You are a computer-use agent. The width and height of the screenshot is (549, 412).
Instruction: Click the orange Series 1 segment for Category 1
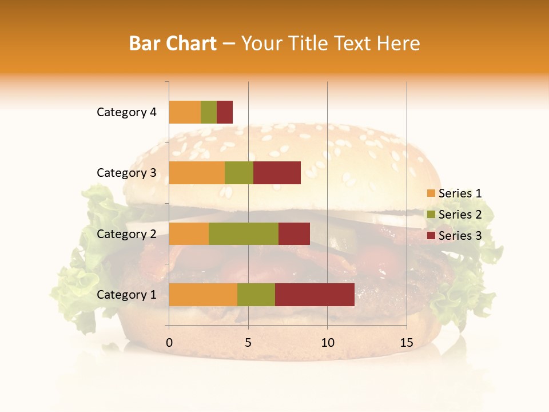coord(203,295)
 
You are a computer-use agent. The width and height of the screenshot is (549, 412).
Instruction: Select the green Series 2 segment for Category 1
coord(256,295)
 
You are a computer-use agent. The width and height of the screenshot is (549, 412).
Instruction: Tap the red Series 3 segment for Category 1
coord(315,295)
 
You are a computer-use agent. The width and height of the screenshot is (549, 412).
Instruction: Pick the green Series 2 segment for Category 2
coord(244,233)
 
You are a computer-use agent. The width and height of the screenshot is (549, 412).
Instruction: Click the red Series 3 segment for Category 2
coord(294,233)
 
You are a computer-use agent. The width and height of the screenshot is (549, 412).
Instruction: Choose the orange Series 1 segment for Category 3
coord(197,173)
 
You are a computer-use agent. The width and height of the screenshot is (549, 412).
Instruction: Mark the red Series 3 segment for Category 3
coord(277,173)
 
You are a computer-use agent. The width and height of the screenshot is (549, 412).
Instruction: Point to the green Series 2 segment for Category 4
coord(209,112)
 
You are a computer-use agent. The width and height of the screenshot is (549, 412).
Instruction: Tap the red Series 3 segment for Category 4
coord(225,112)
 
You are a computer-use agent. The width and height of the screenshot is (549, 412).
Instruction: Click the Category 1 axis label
coord(126,295)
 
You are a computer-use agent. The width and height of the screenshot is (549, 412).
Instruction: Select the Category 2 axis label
coord(126,233)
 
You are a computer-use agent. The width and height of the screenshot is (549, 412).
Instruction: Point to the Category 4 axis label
coord(126,112)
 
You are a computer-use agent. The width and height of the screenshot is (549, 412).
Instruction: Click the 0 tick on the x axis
coord(169,343)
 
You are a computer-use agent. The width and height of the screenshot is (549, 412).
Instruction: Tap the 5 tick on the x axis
coord(248,343)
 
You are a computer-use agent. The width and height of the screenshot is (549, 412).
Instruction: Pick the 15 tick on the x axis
coord(406,343)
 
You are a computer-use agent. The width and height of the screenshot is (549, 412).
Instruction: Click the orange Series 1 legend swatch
coord(431,193)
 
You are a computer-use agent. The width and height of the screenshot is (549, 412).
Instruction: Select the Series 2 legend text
coord(460,215)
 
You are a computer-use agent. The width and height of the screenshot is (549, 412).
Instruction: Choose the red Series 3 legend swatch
coord(431,236)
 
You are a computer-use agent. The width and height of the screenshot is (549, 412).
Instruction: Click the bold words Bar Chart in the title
coord(172,43)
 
